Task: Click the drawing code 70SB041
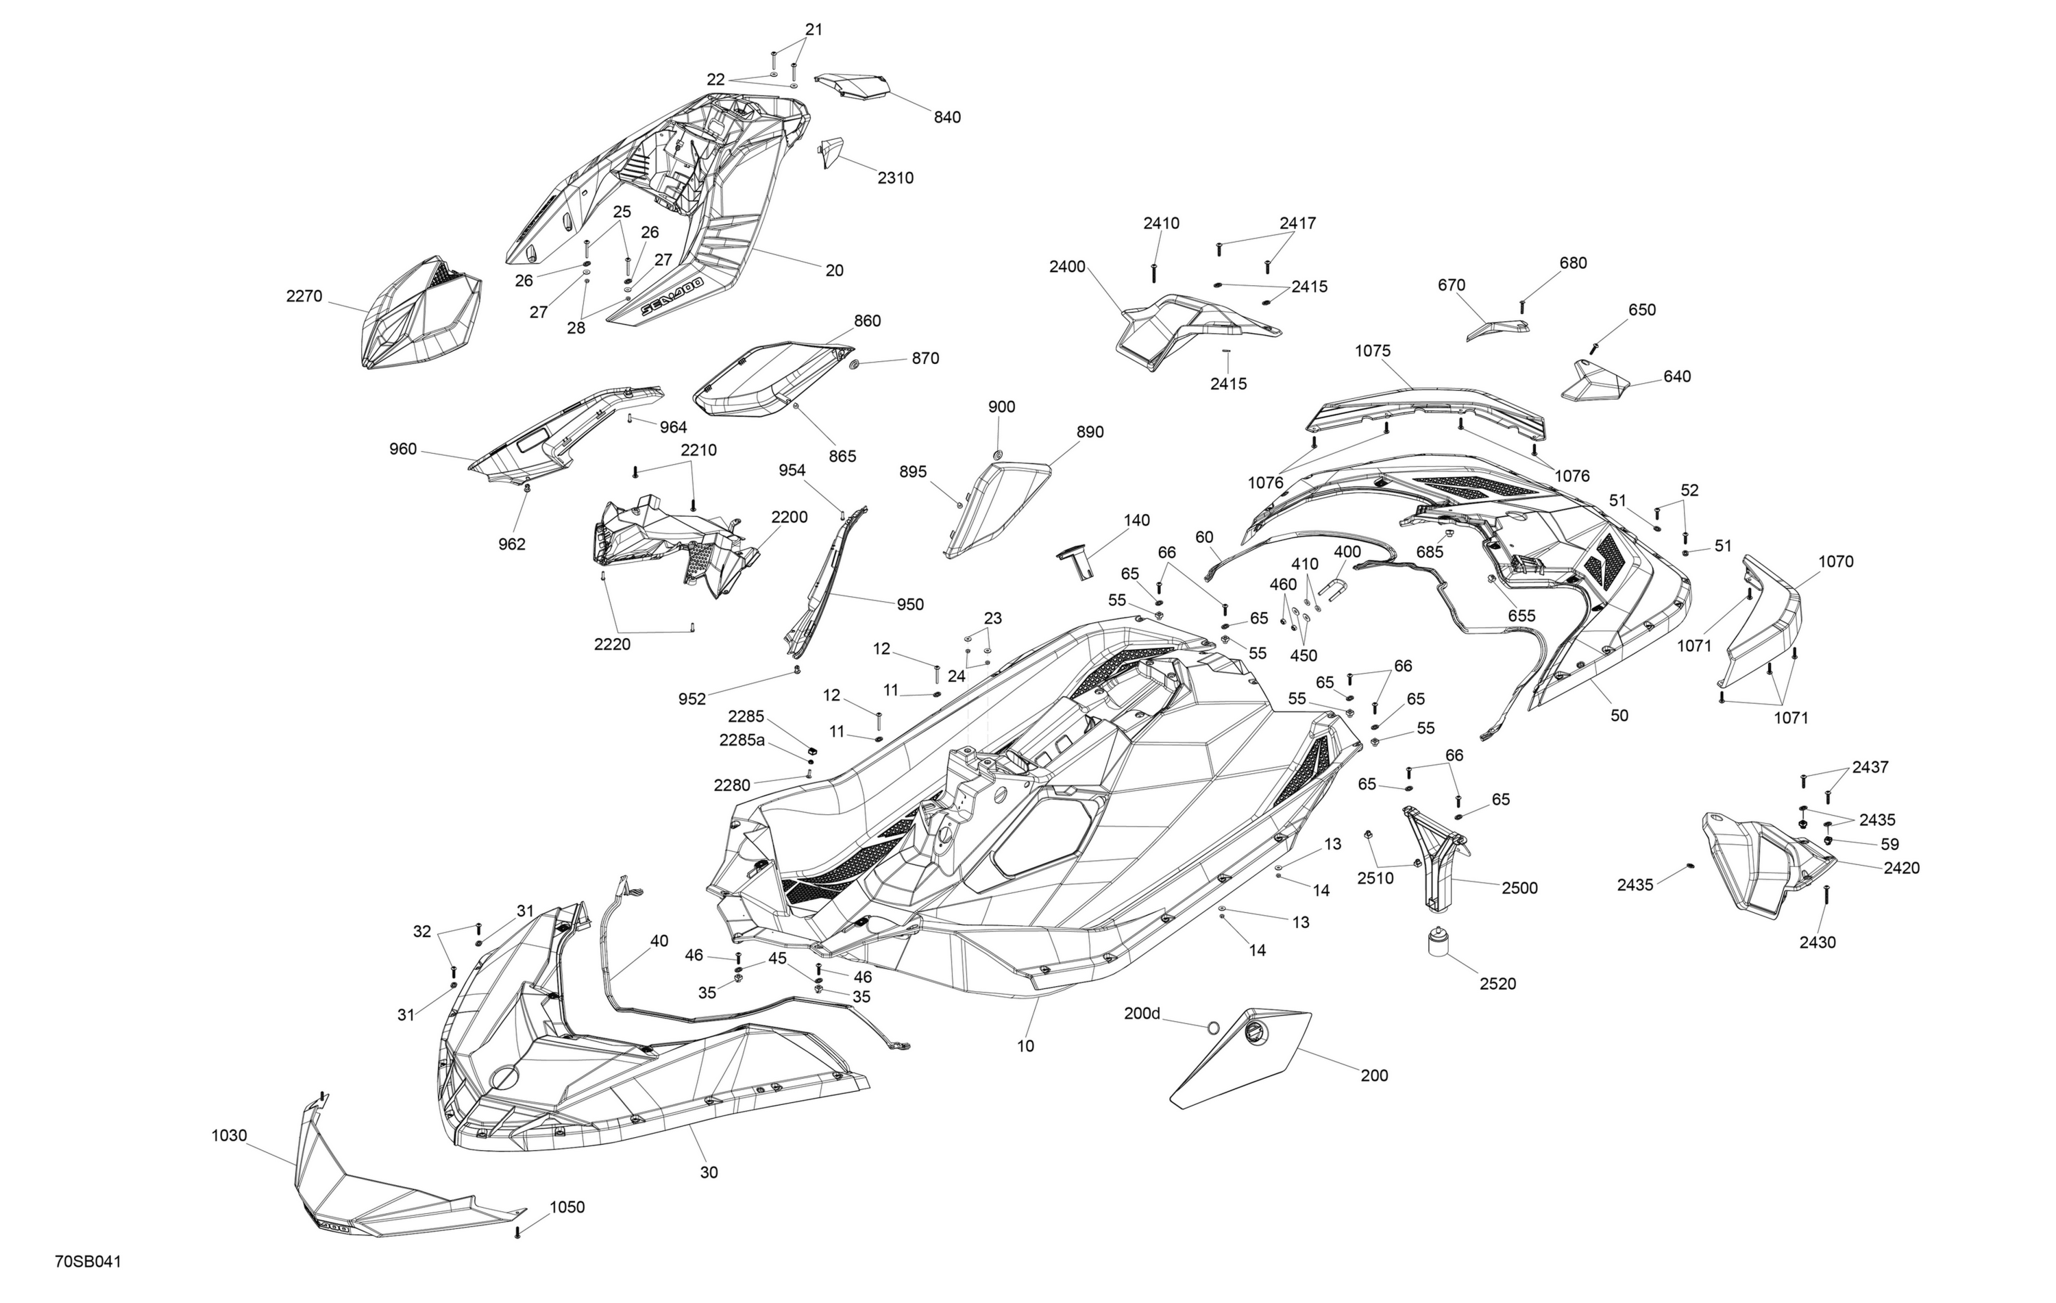(88, 1262)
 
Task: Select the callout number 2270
(304, 296)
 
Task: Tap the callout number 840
(947, 118)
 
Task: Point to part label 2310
(896, 178)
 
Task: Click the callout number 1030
(229, 1136)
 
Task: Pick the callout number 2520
(1497, 984)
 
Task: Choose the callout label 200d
(1142, 1014)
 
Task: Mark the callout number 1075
(1372, 351)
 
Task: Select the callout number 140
(1136, 520)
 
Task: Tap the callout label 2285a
(742, 740)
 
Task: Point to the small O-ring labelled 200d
(1213, 1025)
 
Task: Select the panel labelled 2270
(421, 313)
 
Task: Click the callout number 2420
(1902, 868)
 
